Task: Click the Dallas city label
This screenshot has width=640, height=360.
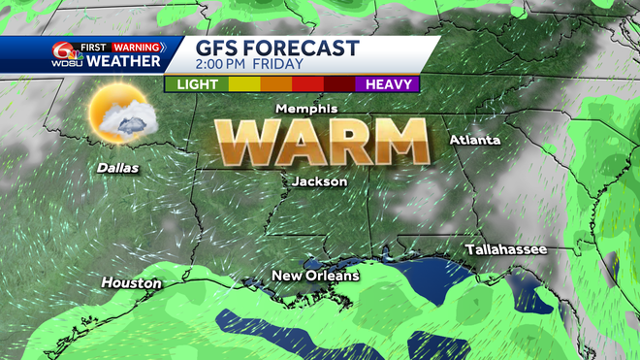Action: point(117,168)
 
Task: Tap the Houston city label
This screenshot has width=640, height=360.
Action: point(131,282)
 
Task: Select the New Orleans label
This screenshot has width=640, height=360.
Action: point(315,276)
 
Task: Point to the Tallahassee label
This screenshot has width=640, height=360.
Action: point(505,250)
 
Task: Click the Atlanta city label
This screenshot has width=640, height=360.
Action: point(474,140)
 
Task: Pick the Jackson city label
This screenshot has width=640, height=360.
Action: point(319,180)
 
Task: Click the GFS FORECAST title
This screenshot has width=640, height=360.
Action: point(277,49)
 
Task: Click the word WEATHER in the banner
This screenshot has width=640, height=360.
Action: point(123,62)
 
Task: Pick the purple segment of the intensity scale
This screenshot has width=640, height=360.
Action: point(388,84)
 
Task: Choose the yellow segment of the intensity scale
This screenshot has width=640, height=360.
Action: point(240,84)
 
